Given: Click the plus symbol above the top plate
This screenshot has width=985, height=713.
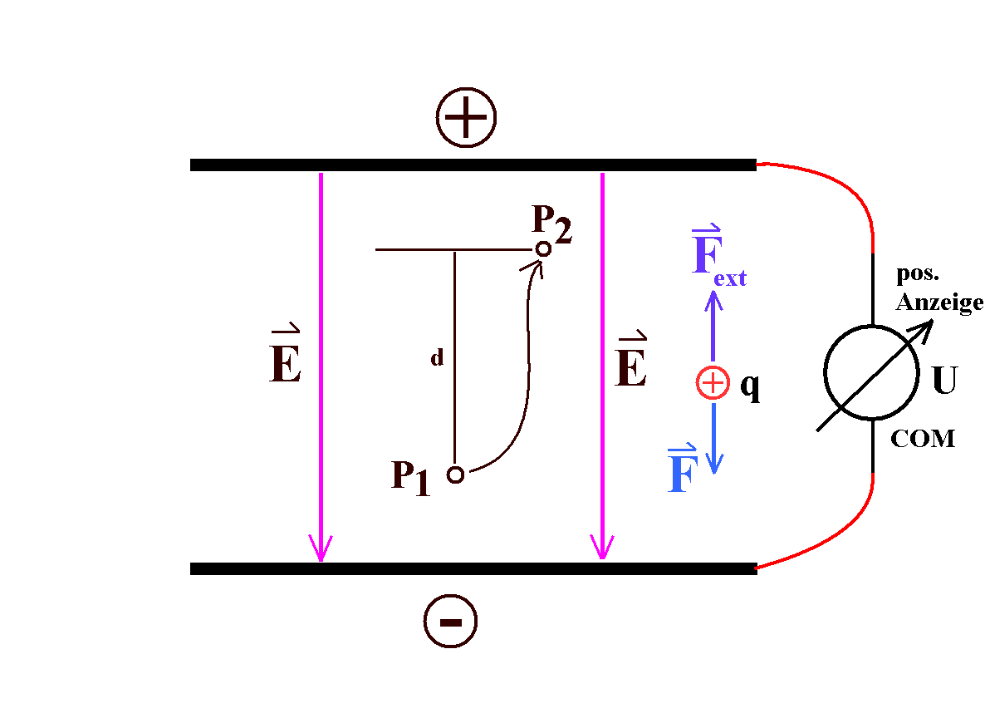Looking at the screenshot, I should pyautogui.click(x=466, y=118).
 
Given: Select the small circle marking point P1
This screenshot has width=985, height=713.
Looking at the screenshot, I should pyautogui.click(x=455, y=475).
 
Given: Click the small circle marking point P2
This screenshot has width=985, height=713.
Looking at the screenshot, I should pyautogui.click(x=543, y=248).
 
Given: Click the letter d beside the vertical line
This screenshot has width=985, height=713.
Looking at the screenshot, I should pyautogui.click(x=437, y=359).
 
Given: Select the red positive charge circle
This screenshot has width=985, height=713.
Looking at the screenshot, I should pyautogui.click(x=713, y=383).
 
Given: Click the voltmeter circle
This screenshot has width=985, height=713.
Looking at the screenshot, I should pyautogui.click(x=870, y=373).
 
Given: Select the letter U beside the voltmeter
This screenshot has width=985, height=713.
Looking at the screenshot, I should pyautogui.click(x=944, y=381).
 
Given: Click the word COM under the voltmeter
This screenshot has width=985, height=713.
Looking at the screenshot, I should pyautogui.click(x=923, y=439).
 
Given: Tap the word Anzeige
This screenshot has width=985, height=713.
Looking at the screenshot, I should pyautogui.click(x=939, y=303).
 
